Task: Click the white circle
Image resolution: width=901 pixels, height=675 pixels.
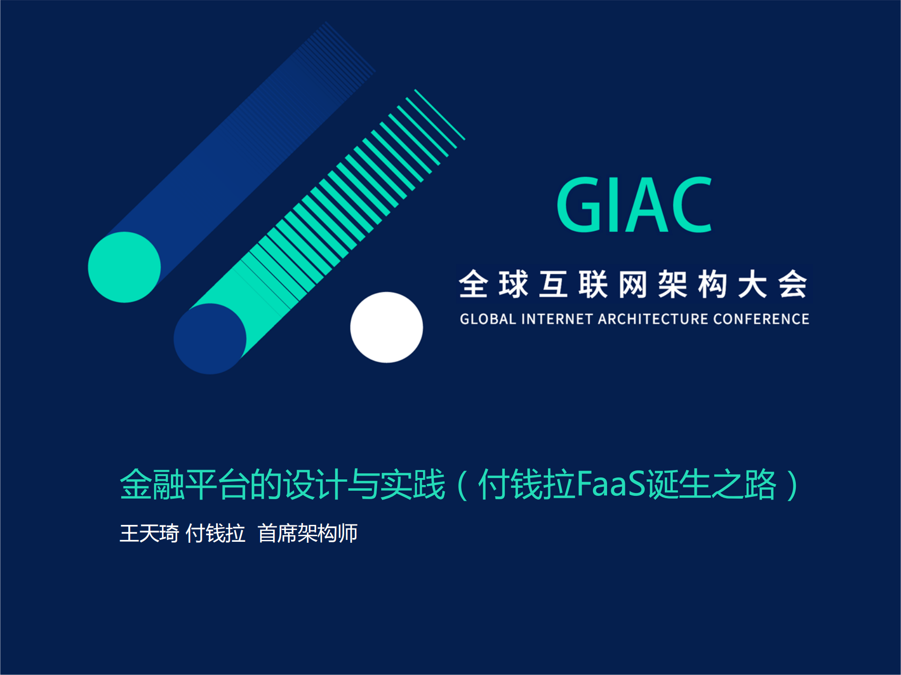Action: point(386,327)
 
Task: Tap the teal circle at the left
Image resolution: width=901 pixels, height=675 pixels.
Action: point(124,267)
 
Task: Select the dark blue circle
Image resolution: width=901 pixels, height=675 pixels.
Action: point(210,339)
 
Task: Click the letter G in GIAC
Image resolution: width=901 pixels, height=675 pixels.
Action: point(578,205)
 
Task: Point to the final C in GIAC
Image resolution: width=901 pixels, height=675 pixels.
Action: point(691,205)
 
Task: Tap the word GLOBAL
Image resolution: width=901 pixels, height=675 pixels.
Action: point(487,319)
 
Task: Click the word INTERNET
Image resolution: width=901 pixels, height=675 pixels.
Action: point(557,319)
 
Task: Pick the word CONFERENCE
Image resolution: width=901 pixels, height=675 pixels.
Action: point(761,319)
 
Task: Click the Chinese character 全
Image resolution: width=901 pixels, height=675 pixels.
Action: point(473,284)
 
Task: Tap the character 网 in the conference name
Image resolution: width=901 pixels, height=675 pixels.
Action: point(633,284)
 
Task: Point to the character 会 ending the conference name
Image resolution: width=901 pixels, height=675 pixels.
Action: point(793,284)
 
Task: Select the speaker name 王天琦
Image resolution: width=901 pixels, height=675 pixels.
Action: point(149,534)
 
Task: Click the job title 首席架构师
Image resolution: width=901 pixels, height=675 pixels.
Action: point(308,534)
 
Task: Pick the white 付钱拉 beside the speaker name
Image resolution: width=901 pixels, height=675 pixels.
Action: point(216,534)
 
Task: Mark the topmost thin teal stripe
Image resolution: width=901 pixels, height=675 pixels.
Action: point(439,114)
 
